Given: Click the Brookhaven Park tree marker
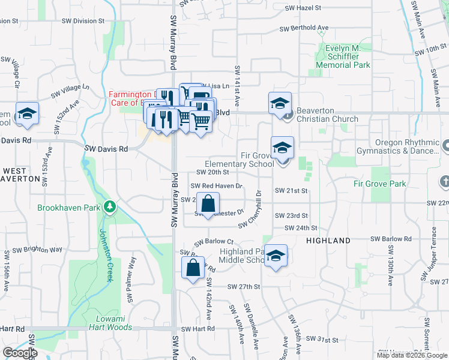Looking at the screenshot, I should [x=109, y=208].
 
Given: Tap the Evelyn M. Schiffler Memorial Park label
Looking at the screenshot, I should [x=345, y=56].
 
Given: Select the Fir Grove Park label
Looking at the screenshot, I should [x=380, y=184].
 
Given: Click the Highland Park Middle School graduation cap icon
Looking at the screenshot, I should [x=275, y=256].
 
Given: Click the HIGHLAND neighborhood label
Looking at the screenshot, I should [x=328, y=241].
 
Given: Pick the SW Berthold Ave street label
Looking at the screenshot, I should [x=304, y=28].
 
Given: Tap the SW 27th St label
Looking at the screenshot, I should [x=244, y=287].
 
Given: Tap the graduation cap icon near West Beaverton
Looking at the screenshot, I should [x=26, y=115].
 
